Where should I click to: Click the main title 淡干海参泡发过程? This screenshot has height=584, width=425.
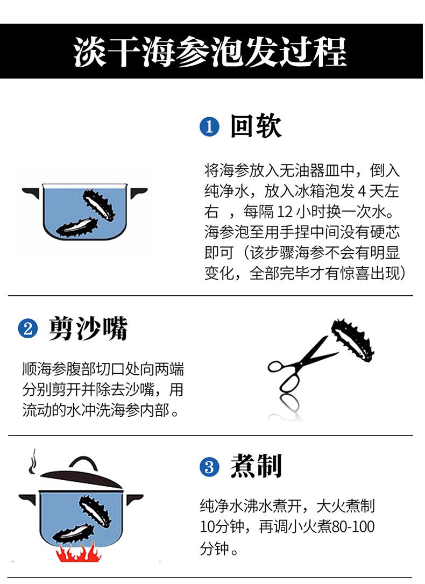(210, 52)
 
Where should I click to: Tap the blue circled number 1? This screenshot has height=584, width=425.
(209, 126)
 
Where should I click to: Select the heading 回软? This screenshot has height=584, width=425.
(256, 126)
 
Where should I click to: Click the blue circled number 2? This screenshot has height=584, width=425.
(28, 329)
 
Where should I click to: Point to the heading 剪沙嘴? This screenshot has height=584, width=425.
(88, 328)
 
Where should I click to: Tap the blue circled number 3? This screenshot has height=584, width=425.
(209, 467)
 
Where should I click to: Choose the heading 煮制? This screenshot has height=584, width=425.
(256, 466)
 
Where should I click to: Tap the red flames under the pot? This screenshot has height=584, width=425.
(79, 552)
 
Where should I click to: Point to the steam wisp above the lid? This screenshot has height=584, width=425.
(33, 461)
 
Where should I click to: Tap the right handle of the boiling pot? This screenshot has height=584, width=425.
(134, 498)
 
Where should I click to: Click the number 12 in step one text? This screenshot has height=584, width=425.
(285, 212)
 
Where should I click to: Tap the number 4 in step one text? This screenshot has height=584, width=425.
(362, 191)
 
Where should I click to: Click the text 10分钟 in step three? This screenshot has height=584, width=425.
(222, 526)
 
